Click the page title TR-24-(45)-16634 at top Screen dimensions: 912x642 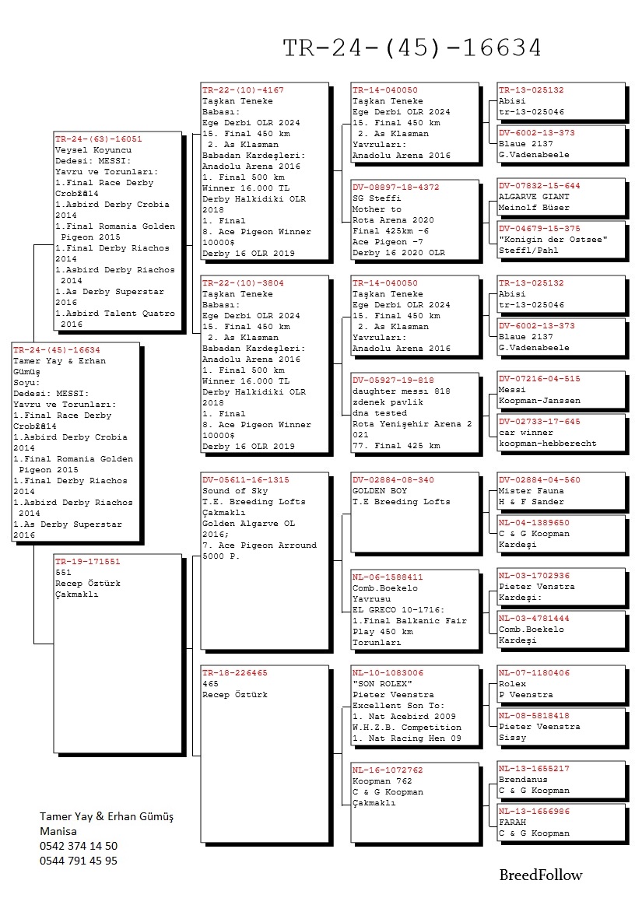412,48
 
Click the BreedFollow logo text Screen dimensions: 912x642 540,875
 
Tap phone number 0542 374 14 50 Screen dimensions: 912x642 79,846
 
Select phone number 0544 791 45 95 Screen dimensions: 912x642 79,861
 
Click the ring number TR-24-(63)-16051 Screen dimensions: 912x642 98,139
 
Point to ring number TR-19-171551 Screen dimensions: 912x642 88,561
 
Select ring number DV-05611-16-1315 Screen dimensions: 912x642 245,480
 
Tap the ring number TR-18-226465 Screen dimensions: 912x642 234,672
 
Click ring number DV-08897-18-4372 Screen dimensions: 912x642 395,188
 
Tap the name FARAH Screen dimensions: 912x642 512,822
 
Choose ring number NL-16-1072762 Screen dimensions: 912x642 388,770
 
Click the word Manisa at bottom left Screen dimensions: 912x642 58,831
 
